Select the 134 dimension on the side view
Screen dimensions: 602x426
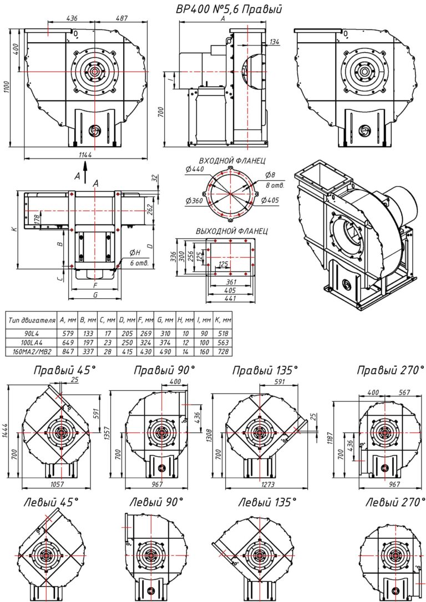click(x=274, y=42)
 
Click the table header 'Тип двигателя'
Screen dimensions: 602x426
click(x=32, y=320)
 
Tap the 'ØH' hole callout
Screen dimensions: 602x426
click(x=135, y=253)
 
